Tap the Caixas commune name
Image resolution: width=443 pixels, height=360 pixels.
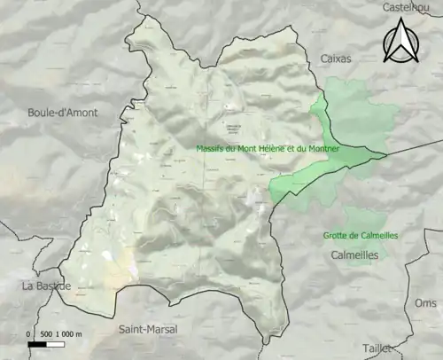tap(335, 59)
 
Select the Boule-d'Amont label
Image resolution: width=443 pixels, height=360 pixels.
tap(63, 113)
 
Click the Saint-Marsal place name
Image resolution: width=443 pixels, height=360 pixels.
tap(148, 329)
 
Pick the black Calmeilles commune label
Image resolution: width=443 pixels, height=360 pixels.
tap(354, 254)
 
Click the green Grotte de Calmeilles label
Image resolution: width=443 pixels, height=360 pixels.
tap(360, 236)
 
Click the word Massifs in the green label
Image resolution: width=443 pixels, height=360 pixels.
tap(210, 148)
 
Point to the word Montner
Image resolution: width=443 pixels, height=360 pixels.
tap(322, 148)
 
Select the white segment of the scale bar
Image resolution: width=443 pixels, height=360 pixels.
tap(51, 343)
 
